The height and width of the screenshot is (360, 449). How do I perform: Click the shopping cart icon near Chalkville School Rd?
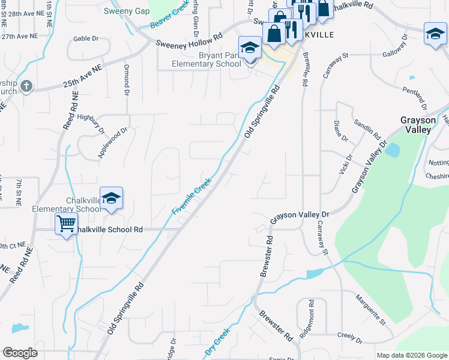pos(66,224)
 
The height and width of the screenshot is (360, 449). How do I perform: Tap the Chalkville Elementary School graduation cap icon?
pos(111,199)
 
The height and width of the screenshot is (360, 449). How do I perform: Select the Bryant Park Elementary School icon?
pos(250,48)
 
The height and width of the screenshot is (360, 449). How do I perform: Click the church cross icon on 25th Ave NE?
pos(25,86)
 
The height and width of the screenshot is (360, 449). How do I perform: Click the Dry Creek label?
pos(217,342)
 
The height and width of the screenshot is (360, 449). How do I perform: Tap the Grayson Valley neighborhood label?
pos(417,124)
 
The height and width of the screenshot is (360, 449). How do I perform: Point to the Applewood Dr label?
pos(113,142)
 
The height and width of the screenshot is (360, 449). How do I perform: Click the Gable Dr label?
pos(86,38)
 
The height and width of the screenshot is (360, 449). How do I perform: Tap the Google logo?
pos(20,353)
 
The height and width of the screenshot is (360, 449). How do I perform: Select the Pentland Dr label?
pos(415,97)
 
